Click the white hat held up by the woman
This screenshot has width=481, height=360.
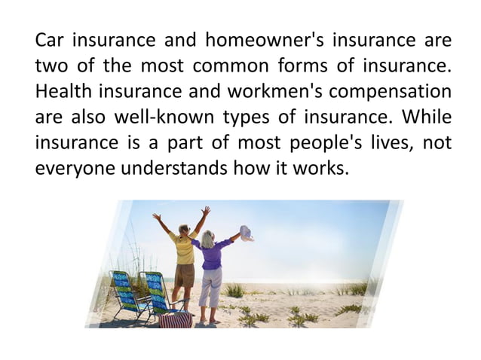coord(247,232)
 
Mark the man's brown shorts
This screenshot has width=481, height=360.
coord(184,275)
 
